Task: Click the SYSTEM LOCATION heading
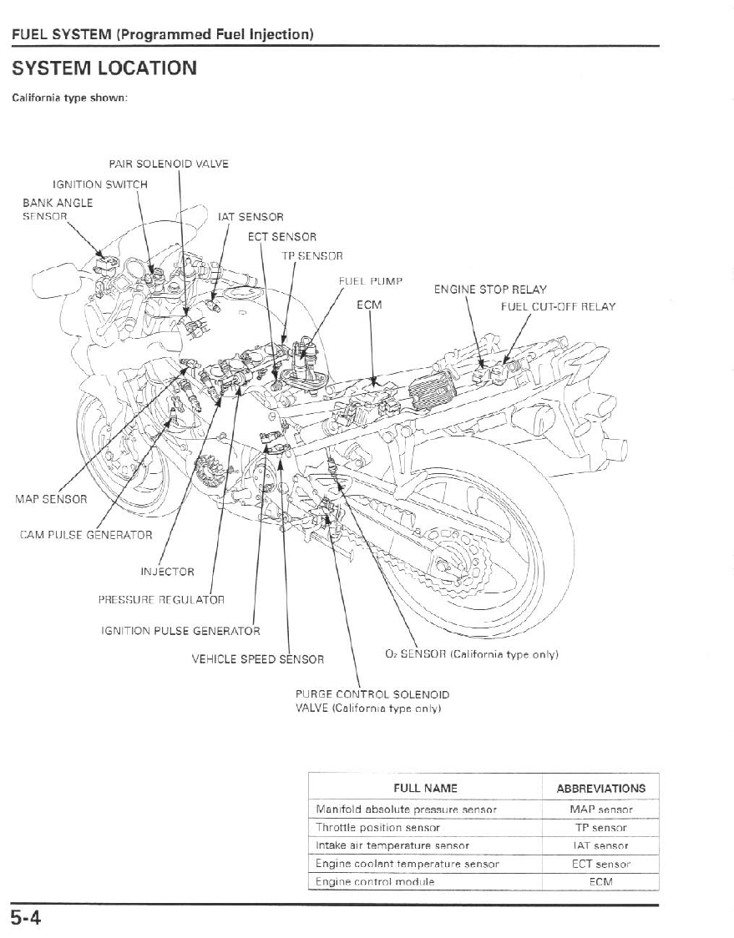104,68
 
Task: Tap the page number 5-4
27,919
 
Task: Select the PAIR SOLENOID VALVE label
169,164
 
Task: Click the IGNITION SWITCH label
100,184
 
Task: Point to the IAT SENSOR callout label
251,217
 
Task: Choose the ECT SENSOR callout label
282,237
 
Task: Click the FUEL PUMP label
371,281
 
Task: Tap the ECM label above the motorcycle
369,305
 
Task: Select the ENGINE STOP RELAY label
490,290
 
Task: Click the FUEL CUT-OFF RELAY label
558,306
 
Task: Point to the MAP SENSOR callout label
51,499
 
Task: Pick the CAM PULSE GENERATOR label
85,535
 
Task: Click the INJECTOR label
167,572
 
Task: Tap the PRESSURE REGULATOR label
161,599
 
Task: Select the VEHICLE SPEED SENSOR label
258,659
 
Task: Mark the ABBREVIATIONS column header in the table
600,788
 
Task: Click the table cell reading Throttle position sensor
378,828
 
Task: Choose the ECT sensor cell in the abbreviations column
600,864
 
